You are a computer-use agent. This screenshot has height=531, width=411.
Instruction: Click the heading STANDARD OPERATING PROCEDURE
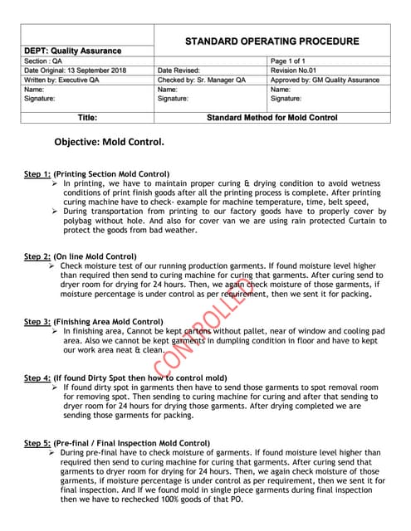pos(272,41)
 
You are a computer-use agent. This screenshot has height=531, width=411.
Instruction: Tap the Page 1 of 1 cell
pos(289,61)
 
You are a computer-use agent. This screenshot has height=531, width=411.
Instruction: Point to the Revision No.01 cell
pos(296,71)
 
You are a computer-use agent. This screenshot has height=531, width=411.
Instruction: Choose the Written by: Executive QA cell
pos(62,80)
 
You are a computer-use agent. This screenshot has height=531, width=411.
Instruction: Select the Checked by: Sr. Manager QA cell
pos(201,80)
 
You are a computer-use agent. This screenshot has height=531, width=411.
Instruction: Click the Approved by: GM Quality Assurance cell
pos(325,80)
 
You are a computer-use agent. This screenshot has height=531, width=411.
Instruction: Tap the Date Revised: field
pos(179,71)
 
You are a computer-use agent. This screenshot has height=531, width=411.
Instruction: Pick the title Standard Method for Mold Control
pos(272,117)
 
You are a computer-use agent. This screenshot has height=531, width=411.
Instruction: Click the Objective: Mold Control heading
pos(109,141)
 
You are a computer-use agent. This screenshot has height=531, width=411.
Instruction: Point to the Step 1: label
pos(37,173)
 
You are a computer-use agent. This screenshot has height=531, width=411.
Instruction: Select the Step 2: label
pos(37,256)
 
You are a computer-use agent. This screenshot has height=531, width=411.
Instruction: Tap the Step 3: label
pos(37,321)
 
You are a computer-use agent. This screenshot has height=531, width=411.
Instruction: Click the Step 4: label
pos(37,378)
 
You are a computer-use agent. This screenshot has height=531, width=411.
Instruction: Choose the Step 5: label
pos(37,443)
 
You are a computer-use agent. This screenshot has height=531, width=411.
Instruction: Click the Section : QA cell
pos(43,61)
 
